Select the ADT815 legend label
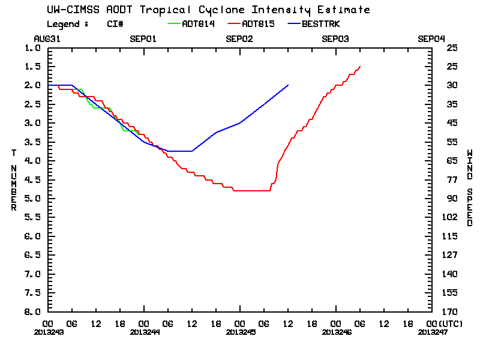pos(259,24)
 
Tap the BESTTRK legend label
pos(322,24)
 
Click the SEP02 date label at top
pos(239,38)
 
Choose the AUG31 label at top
pos(47,38)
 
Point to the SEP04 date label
pos(431,38)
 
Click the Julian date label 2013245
pos(239,331)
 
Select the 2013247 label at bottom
pos(431,331)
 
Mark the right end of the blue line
pos(288,85)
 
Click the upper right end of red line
pos(360,66)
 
